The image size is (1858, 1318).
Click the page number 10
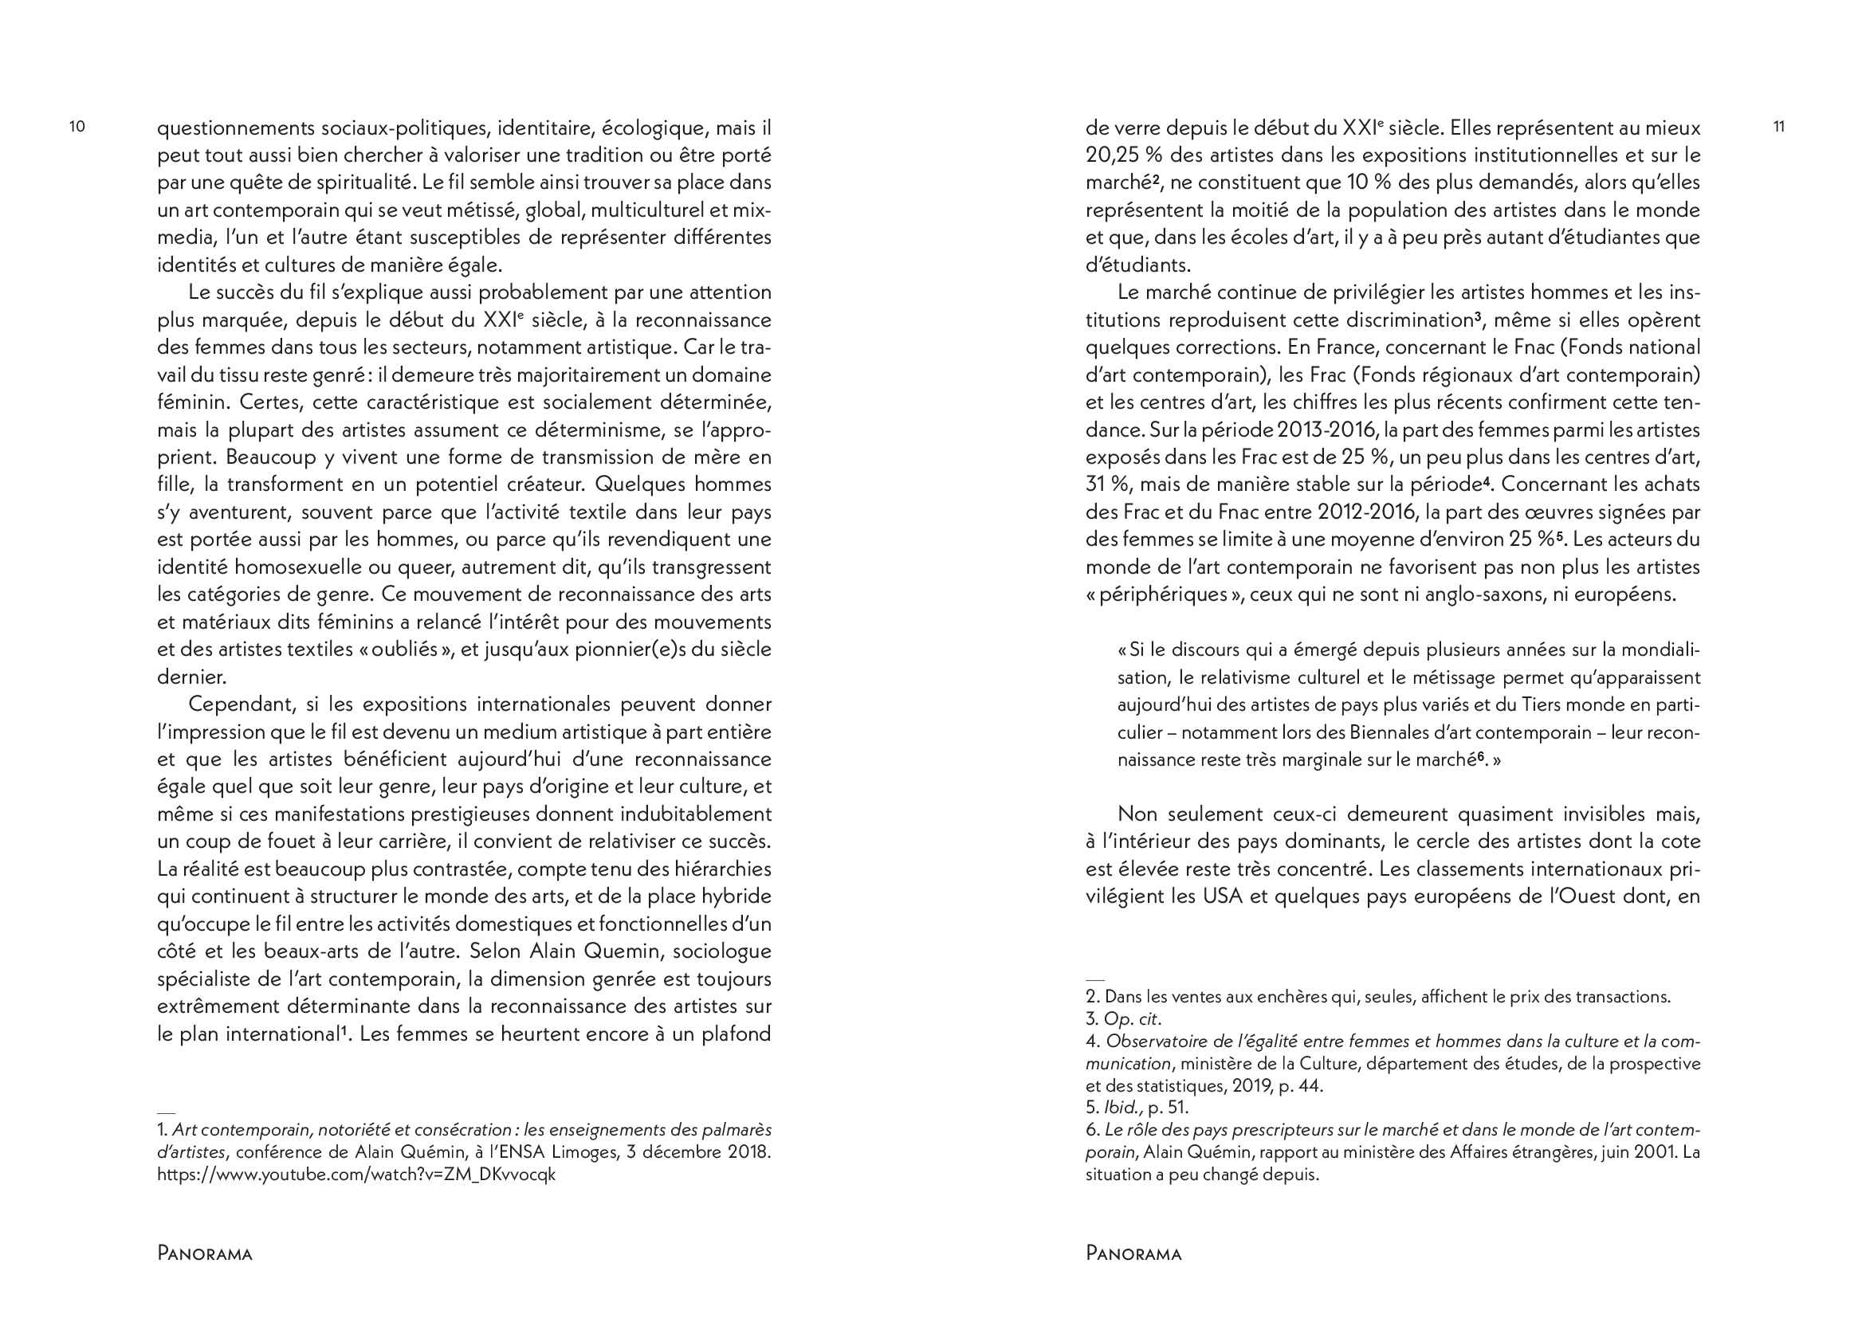77,127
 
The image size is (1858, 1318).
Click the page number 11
1778,127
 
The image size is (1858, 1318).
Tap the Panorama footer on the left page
205,1254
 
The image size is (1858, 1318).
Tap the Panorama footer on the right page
1133,1254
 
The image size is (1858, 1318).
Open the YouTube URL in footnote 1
356,1175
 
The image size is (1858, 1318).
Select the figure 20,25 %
1125,155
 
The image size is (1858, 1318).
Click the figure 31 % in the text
1107,484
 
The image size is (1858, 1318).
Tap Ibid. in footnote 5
1121,1107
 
